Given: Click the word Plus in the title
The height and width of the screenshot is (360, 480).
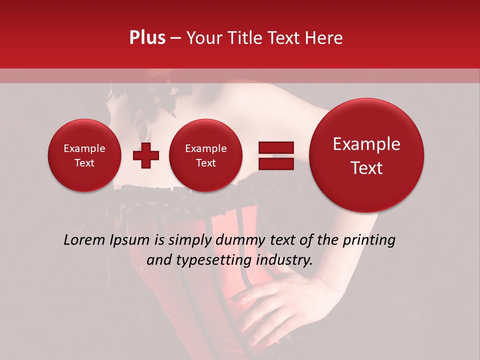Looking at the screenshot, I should tap(147, 38).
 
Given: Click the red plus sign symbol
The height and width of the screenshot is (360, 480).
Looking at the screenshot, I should tap(146, 155).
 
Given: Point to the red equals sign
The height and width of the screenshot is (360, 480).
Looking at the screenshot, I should tap(275, 155).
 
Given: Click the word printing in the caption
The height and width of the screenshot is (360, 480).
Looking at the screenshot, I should tap(368, 240).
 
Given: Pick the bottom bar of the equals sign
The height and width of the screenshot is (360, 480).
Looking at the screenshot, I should tap(275, 163).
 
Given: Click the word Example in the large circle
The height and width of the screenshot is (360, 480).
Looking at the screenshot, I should tap(366, 144).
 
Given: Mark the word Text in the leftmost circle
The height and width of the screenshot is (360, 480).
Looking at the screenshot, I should tap(84, 163).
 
